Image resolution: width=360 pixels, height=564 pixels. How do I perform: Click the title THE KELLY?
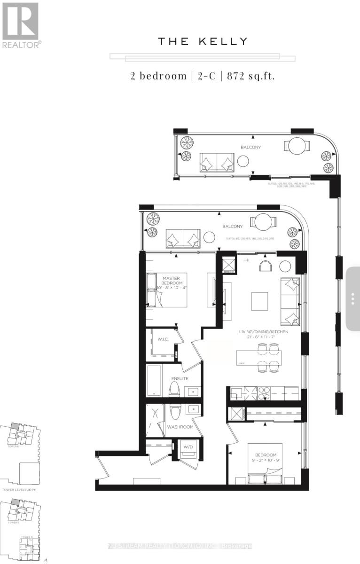point(203,42)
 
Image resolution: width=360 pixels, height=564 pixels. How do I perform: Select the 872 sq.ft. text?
point(250,76)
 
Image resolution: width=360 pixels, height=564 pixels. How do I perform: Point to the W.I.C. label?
point(163,339)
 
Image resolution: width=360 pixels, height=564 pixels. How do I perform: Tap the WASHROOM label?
point(180,427)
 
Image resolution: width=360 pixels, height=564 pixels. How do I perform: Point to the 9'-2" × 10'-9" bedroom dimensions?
point(266,461)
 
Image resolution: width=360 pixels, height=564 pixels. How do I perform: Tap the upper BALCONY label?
point(250,147)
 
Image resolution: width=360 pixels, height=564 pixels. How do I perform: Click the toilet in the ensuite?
point(174,389)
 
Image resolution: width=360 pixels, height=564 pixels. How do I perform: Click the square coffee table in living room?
point(259,301)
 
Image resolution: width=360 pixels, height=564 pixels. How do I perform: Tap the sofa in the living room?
point(290,299)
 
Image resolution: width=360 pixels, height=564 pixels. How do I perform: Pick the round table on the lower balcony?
point(258,222)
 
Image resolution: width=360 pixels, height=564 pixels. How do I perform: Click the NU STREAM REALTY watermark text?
point(180,546)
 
